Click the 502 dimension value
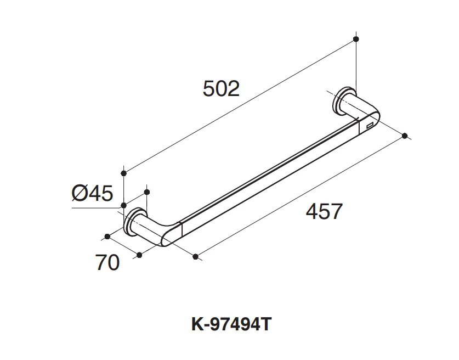(221, 88)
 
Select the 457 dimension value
(324, 211)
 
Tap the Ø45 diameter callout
(92, 193)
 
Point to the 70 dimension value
(107, 262)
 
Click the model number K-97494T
(231, 324)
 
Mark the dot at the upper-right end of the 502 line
(356, 39)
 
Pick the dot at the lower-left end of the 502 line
(123, 173)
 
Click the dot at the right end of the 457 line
(405, 136)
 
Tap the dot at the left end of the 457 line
(196, 257)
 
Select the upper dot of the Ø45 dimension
(147, 192)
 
